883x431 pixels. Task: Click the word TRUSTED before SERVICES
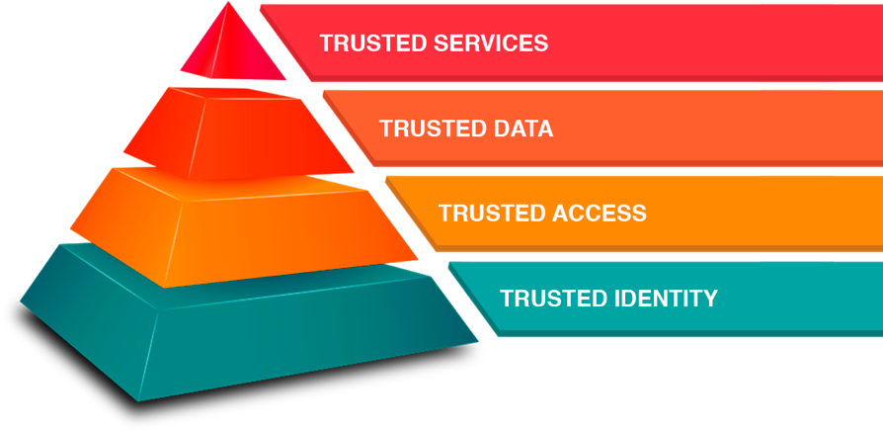point(362,43)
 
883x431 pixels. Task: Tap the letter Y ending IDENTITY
point(710,298)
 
